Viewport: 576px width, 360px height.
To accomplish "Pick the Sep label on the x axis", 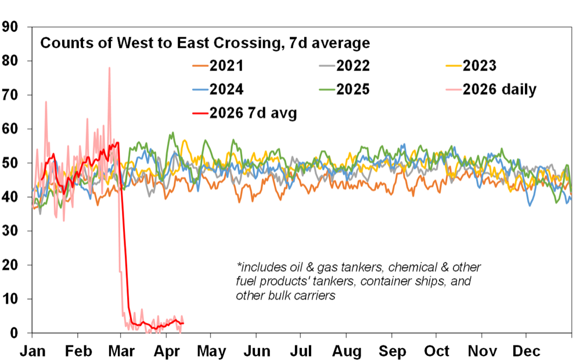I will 392,351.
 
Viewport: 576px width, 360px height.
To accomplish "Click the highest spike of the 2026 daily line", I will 109,68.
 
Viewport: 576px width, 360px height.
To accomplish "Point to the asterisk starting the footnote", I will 239,268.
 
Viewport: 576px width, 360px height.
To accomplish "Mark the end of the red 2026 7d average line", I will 183,323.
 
